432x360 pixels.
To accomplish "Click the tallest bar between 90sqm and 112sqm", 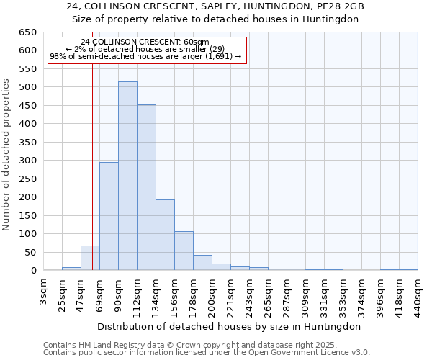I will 127,176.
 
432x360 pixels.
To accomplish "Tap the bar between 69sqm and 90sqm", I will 109,216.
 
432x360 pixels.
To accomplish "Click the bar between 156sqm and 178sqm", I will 184,251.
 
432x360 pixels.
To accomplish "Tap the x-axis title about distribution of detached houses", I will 230,326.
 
